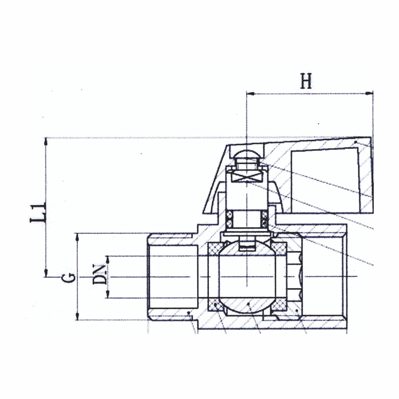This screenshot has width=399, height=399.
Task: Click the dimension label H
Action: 306,81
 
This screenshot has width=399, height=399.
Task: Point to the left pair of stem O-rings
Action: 229,219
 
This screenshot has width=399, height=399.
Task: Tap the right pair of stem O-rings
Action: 265,219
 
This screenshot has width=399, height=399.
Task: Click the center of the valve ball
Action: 247,277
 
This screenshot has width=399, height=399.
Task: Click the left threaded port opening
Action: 173,277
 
